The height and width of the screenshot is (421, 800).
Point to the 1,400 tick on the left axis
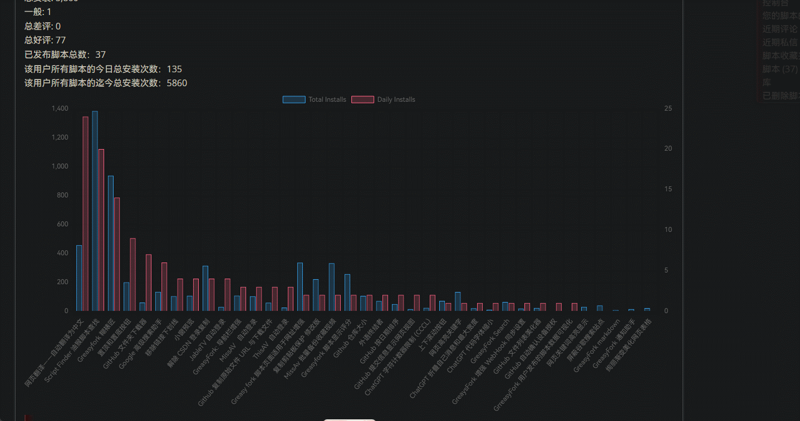click(59, 108)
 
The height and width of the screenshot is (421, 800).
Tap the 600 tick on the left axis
click(62, 224)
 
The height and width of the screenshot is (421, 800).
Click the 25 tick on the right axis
click(668, 108)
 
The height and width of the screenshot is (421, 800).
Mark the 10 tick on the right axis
click(668, 230)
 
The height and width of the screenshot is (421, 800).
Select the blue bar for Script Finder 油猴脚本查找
click(95, 211)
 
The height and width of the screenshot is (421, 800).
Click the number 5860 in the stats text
click(177, 83)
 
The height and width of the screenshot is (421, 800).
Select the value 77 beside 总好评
click(61, 40)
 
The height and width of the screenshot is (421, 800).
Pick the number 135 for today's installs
click(174, 69)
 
